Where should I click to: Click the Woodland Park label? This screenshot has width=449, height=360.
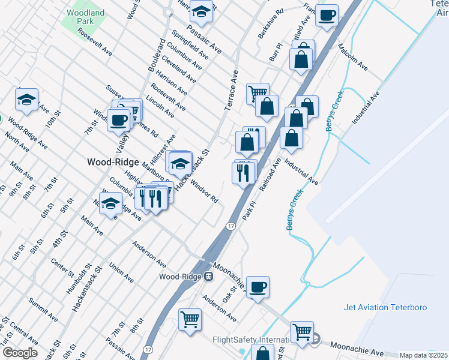pos(85,16)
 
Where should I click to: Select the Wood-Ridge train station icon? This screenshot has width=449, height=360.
pos(208,277)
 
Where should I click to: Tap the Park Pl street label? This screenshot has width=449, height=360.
pos(249,211)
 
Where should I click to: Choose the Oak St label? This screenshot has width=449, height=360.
pos(229,294)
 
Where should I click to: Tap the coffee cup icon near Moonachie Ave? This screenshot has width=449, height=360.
pos(258,287)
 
